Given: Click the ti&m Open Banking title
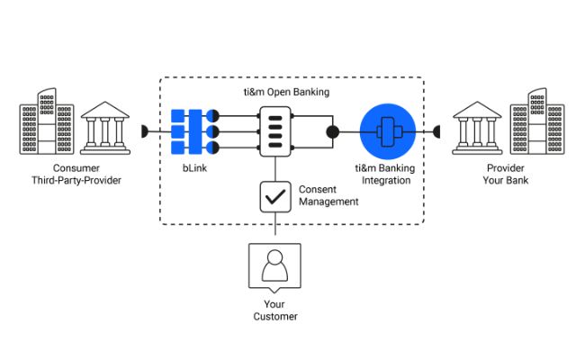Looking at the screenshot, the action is point(286,92).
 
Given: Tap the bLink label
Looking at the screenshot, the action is point(194,168).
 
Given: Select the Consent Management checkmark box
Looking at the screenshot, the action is point(275,197).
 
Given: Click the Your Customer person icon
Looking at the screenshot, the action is point(274,267).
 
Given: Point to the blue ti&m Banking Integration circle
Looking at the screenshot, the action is point(388,131).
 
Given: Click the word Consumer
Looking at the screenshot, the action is point(76,168).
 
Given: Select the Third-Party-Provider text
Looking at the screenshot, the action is point(76,180).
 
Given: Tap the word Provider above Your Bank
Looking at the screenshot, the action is point(506,168).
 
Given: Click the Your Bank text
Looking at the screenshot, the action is point(506,180).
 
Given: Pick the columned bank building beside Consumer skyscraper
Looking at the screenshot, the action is point(105,128).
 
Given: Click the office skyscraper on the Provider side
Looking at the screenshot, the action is point(537,121).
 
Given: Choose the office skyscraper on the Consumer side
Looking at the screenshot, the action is point(47,121).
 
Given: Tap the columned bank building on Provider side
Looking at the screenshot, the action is point(477,128).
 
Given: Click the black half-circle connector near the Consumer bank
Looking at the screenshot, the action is point(144,131).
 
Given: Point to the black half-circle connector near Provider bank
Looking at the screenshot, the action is point(436,131).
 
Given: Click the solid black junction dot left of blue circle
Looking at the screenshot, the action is point(333,132).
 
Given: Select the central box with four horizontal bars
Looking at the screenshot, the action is point(275,131).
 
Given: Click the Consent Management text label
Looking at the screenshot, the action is point(328,195).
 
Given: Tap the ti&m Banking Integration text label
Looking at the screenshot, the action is point(385,174).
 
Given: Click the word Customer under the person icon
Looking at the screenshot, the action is point(275,316).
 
